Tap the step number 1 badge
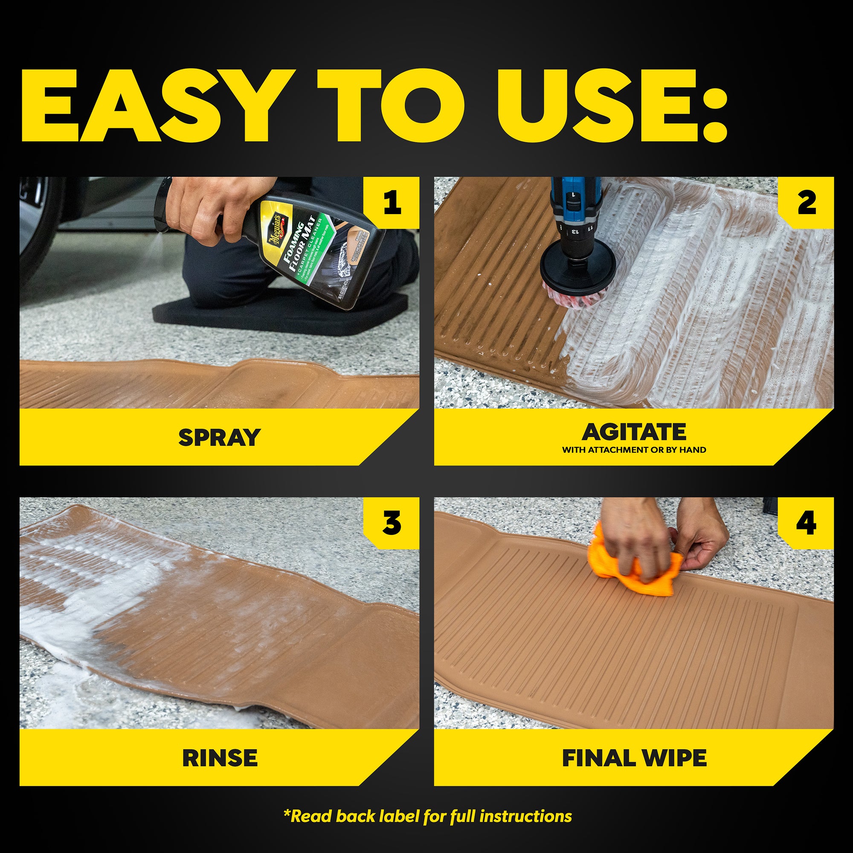tap(392, 203)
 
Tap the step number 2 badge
tap(806, 203)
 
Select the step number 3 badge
tap(392, 523)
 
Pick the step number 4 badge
tap(806, 523)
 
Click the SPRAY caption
tap(219, 437)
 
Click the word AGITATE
tap(634, 432)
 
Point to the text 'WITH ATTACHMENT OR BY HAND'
tap(634, 450)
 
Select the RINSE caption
tap(219, 757)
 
